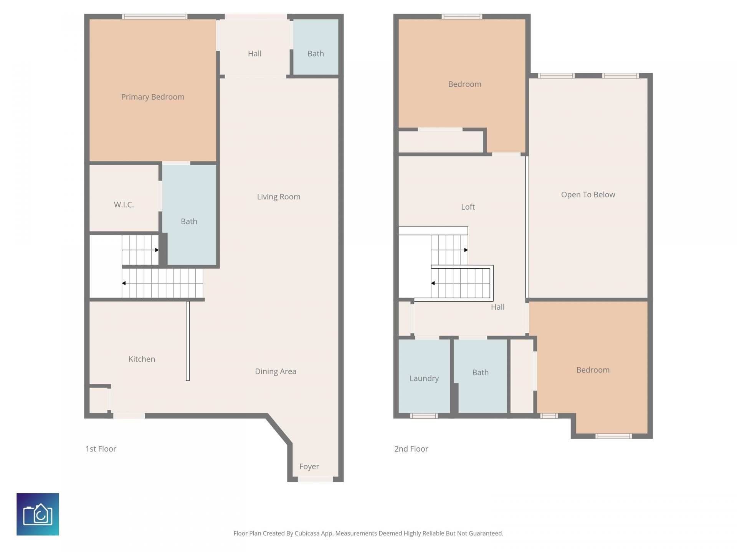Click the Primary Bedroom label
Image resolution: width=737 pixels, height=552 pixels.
pyautogui.click(x=153, y=97)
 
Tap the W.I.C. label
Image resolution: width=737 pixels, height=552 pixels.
pyautogui.click(x=124, y=205)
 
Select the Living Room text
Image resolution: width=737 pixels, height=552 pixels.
pyautogui.click(x=279, y=197)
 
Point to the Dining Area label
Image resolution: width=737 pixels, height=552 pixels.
pyautogui.click(x=276, y=371)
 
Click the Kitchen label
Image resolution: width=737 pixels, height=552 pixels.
pyautogui.click(x=142, y=359)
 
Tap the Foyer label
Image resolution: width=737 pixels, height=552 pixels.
pyautogui.click(x=309, y=467)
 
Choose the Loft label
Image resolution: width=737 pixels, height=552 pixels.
pyautogui.click(x=468, y=207)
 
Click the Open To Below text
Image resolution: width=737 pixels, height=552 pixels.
pyautogui.click(x=588, y=195)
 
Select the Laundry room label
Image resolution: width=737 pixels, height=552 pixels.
pyautogui.click(x=424, y=379)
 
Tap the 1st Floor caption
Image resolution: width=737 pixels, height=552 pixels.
pyautogui.click(x=101, y=449)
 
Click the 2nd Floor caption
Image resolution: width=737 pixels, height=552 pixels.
pyautogui.click(x=411, y=449)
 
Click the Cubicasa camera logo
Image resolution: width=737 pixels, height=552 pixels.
pyautogui.click(x=38, y=514)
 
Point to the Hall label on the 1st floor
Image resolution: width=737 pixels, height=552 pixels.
pyautogui.click(x=254, y=54)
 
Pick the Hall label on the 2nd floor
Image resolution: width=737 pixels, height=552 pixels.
pyautogui.click(x=497, y=307)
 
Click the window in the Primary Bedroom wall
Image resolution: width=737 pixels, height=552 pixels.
pyautogui.click(x=155, y=16)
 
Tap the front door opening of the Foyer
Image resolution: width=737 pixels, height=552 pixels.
pyautogui.click(x=315, y=479)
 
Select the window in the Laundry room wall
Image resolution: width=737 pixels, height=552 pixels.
pyautogui.click(x=424, y=416)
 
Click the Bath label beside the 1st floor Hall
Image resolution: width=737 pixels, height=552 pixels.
pyautogui.click(x=316, y=54)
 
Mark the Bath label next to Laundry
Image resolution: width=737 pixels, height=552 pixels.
pyautogui.click(x=480, y=373)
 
